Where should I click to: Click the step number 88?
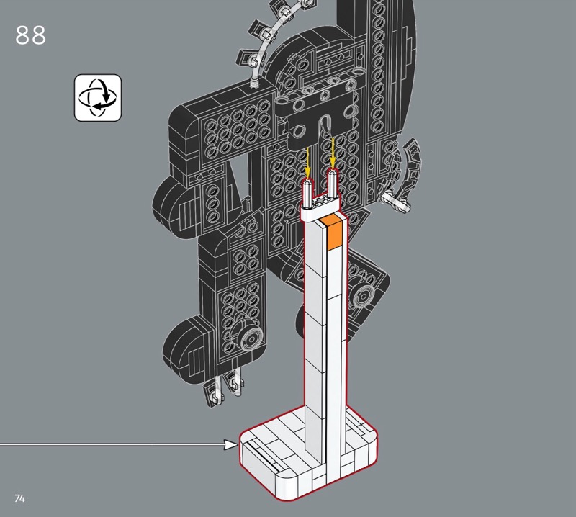30,35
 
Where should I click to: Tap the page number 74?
20,498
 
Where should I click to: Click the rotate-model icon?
98,98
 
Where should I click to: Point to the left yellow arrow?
307,163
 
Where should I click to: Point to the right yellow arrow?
333,153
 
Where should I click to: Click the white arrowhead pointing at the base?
232,444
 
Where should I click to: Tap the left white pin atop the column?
308,193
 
